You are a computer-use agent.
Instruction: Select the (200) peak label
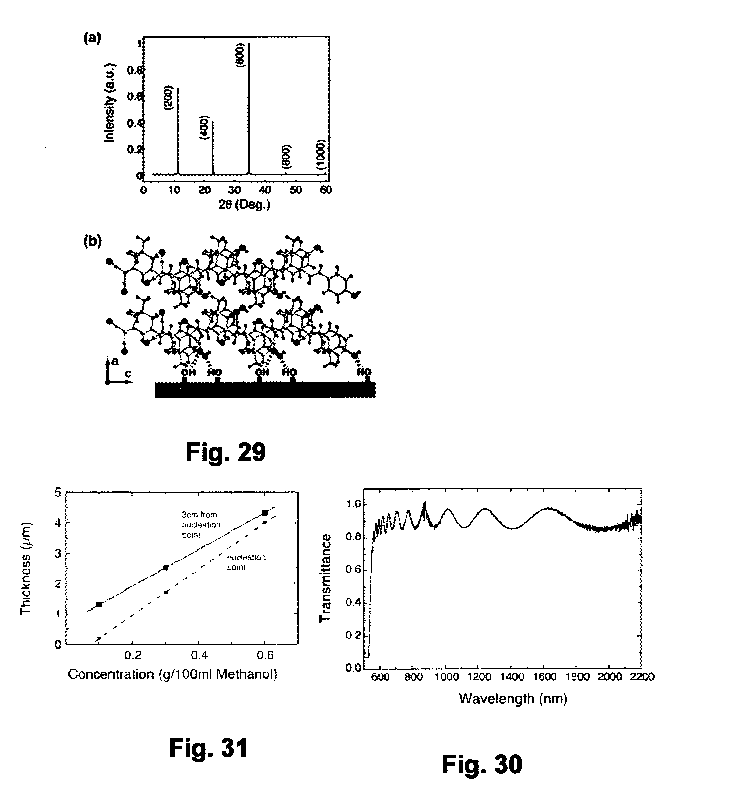pos(168,98)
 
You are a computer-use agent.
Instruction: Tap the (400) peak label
pos(204,128)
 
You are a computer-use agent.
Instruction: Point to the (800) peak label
pos(286,157)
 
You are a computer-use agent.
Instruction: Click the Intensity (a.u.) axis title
pos(110,103)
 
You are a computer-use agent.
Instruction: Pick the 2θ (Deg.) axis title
pos(244,205)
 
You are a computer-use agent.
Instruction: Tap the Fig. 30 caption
pos(482,765)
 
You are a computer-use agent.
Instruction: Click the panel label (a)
pos(92,38)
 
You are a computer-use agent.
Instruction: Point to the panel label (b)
pos(92,241)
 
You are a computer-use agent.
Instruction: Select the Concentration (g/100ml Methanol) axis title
pos(172,674)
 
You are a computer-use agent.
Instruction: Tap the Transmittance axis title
pos(325,579)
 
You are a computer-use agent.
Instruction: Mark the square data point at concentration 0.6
pos(265,513)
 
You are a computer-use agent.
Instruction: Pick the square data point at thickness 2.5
pos(166,568)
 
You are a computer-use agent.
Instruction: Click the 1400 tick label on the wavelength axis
pos(512,676)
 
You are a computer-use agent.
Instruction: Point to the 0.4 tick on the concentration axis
pos(199,655)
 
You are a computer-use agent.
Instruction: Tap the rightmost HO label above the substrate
pos(364,372)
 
